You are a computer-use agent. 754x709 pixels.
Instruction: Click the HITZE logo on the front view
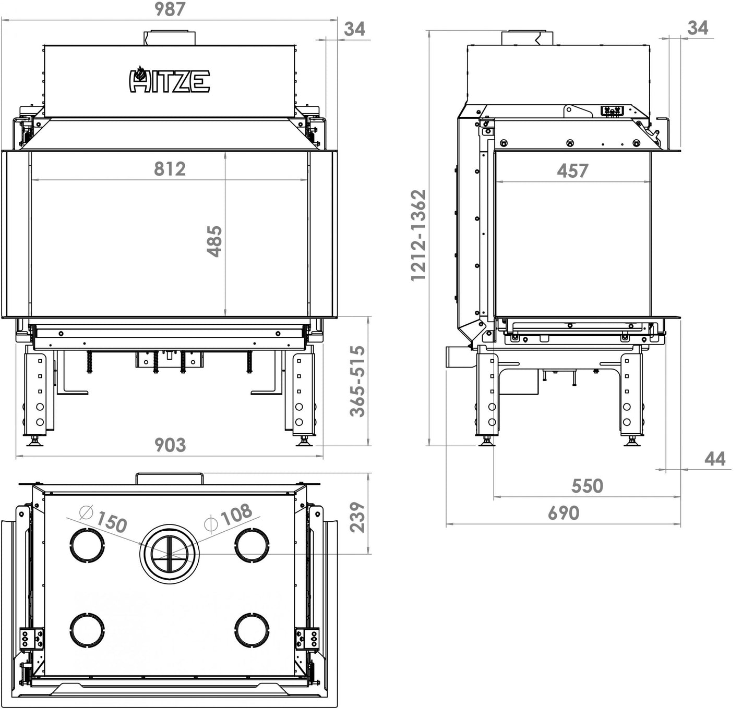[170, 80]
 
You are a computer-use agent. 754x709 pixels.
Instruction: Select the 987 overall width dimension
[170, 9]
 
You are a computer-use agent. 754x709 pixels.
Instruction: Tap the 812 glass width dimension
[170, 169]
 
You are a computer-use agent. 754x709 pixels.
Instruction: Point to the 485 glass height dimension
[215, 241]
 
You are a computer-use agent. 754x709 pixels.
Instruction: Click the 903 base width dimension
[170, 445]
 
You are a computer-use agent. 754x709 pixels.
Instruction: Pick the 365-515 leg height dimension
[357, 381]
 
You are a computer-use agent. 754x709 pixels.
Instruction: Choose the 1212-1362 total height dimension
[419, 236]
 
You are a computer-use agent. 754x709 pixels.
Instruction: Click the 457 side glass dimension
[572, 170]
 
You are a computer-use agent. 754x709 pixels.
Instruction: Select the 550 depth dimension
[587, 486]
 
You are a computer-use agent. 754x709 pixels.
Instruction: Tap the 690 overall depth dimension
[564, 514]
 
